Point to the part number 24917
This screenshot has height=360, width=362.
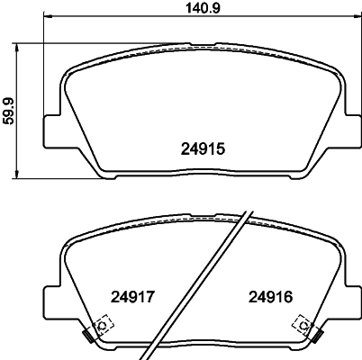(x=132, y=295)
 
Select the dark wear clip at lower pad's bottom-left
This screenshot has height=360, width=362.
(x=87, y=336)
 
